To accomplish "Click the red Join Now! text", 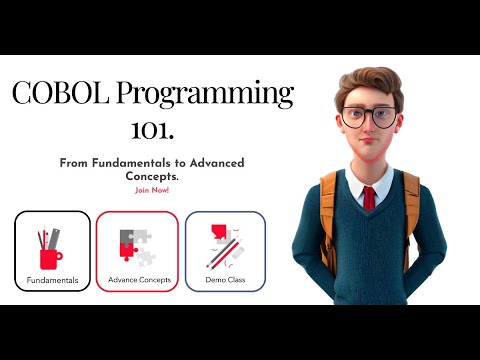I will (x=152, y=189).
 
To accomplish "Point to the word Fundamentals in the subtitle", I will (x=135, y=163).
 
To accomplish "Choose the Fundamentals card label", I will (x=53, y=280).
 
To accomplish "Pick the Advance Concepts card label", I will (x=137, y=280).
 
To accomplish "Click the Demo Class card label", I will (x=225, y=280).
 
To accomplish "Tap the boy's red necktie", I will (x=369, y=197).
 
